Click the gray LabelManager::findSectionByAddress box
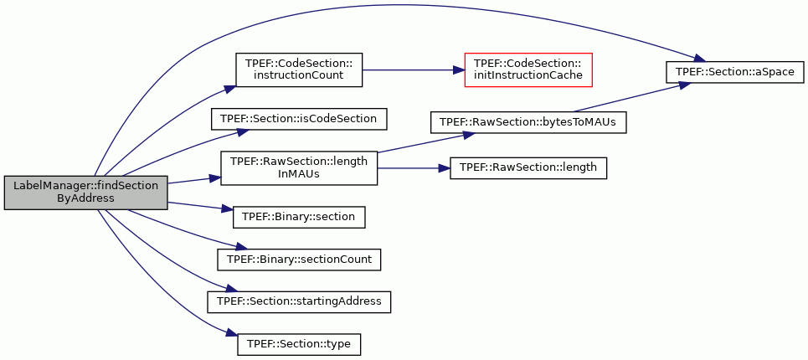(x=85, y=193)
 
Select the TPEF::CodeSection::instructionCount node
(x=299, y=69)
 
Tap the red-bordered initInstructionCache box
(x=528, y=69)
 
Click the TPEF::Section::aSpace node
(x=734, y=72)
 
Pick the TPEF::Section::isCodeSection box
(x=298, y=119)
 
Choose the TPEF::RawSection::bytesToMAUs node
(x=528, y=122)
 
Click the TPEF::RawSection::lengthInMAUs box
(x=299, y=168)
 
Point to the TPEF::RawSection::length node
(x=528, y=168)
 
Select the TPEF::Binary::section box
(x=299, y=217)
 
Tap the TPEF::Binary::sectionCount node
(x=299, y=260)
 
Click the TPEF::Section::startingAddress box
(x=299, y=301)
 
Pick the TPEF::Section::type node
(x=299, y=344)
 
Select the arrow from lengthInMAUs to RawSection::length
(x=414, y=168)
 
